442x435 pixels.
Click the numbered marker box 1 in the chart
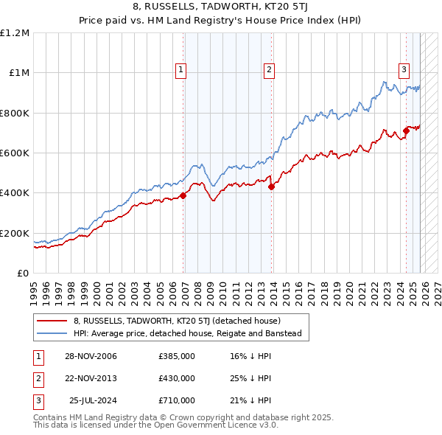pyautogui.click(x=180, y=70)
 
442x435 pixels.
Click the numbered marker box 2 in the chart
pyautogui.click(x=269, y=70)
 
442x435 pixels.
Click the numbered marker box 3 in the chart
pyautogui.click(x=404, y=70)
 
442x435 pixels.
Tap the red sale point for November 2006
pyautogui.click(x=183, y=195)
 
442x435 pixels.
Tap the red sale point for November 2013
pyautogui.click(x=271, y=187)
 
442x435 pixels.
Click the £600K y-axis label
pyautogui.click(x=15, y=153)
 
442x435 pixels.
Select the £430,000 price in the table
pyautogui.click(x=176, y=378)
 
